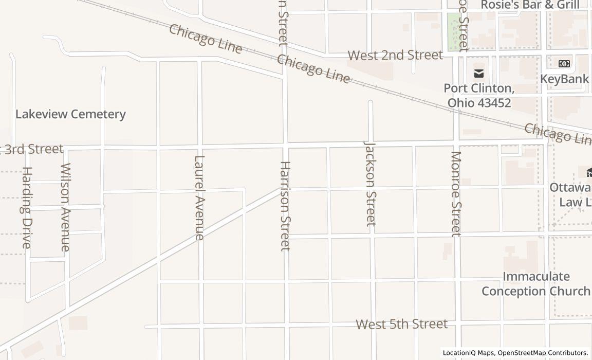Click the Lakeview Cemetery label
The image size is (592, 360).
[x=70, y=114]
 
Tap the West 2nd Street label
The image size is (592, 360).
[x=395, y=55]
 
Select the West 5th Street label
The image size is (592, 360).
[x=401, y=324]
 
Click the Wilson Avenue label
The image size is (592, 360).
[x=65, y=207]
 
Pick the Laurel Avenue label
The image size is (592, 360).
[x=199, y=197]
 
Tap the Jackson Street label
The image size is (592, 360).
[x=370, y=184]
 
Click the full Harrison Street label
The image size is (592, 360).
[x=285, y=206]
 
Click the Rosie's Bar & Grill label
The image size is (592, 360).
[x=530, y=5]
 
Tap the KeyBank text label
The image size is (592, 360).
[x=564, y=79]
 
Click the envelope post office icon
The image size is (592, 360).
[x=479, y=73]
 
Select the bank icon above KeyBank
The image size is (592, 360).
[x=564, y=64]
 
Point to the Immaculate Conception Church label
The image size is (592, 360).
[x=535, y=284]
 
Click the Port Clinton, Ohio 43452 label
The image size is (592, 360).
[x=479, y=95]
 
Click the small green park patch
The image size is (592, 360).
[x=453, y=32]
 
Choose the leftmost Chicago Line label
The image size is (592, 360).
[x=206, y=39]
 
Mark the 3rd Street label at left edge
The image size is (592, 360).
[x=32, y=149]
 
